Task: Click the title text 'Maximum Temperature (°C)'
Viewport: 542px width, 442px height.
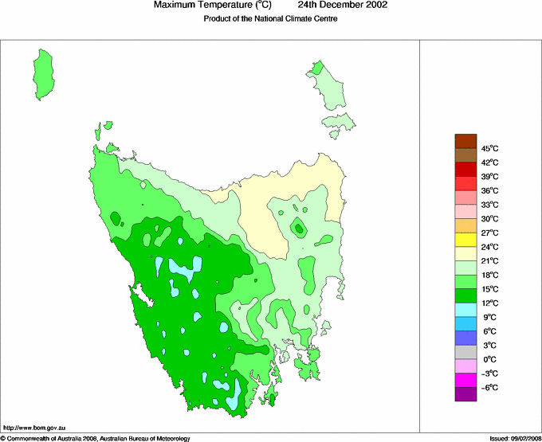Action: pos(213,6)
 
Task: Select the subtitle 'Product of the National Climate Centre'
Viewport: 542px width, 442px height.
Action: pos(271,19)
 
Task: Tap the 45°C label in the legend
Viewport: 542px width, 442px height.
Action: pos(489,148)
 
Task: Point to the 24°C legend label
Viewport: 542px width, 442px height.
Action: pos(489,247)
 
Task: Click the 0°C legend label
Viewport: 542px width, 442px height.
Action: pos(489,359)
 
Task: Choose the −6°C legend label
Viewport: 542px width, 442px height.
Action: pos(489,387)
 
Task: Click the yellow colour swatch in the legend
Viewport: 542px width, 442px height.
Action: pos(465,240)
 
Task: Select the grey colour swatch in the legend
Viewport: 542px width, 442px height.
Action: pos(465,352)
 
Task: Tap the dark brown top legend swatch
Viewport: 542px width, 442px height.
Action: pos(465,141)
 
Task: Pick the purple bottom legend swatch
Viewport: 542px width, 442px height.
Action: pos(465,393)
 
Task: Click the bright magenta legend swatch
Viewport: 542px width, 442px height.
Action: pos(465,380)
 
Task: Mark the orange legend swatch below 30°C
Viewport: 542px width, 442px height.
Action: pos(465,226)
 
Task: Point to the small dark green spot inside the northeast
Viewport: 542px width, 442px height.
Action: pos(299,228)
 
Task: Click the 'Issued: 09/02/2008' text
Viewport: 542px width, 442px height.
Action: pos(514,438)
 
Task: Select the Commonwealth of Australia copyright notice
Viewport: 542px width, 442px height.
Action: pos(96,438)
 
